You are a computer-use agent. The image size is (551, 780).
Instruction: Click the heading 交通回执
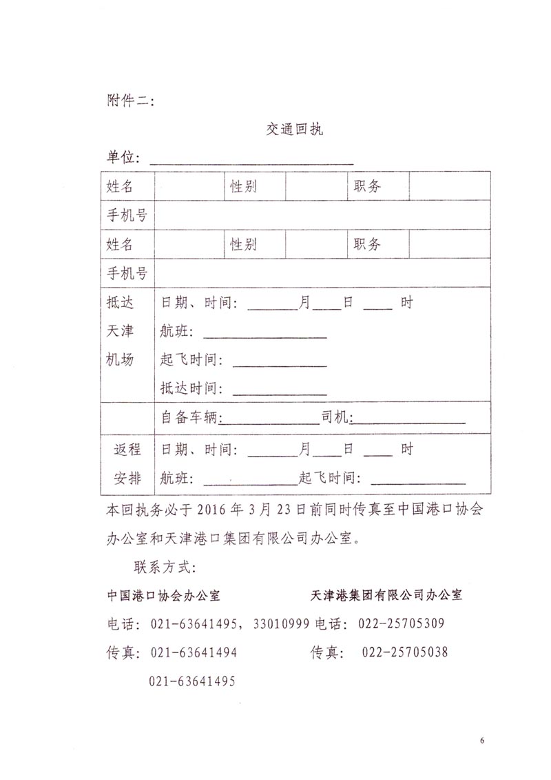[x=295, y=130]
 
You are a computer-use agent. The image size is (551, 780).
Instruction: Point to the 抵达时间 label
[x=191, y=388]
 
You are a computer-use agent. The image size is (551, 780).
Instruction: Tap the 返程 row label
[x=127, y=450]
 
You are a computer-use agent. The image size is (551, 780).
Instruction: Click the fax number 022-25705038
[x=404, y=652]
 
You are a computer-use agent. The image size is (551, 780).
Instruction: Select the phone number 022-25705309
[x=401, y=623]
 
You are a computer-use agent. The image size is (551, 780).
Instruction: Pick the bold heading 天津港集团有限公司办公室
[x=386, y=595]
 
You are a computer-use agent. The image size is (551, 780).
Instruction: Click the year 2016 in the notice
[x=212, y=511]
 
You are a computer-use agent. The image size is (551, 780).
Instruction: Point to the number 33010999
[x=281, y=623]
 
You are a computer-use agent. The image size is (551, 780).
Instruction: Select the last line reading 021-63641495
[x=192, y=681]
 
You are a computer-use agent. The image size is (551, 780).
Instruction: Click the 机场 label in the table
[x=120, y=359]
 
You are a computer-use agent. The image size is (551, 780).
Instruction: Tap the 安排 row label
[x=127, y=478]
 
